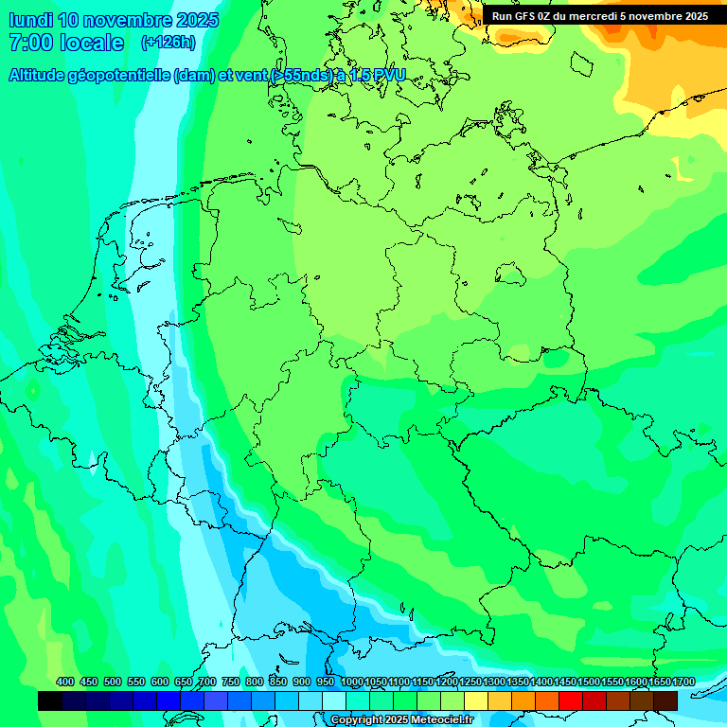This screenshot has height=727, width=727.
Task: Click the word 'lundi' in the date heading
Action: click(x=30, y=20)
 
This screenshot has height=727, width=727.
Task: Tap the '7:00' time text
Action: click(x=29, y=43)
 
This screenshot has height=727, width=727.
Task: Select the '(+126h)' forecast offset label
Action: click(x=168, y=43)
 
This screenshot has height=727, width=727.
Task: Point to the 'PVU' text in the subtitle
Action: click(x=387, y=76)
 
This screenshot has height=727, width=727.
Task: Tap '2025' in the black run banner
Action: click(x=694, y=16)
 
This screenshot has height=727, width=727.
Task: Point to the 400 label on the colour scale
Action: click(x=65, y=682)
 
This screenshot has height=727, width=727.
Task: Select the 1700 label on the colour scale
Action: click(x=683, y=682)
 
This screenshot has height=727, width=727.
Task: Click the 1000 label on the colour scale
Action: click(x=352, y=682)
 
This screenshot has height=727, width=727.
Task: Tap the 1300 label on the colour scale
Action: click(x=494, y=682)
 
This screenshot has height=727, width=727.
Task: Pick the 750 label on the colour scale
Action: click(x=230, y=682)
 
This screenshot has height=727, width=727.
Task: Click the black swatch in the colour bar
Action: click(x=50, y=700)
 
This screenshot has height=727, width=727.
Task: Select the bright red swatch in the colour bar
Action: click(x=571, y=700)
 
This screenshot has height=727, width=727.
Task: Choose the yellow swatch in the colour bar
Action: click(x=476, y=700)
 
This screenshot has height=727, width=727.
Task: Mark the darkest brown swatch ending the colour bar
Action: click(x=665, y=700)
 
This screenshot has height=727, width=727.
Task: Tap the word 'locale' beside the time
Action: click(x=92, y=43)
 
